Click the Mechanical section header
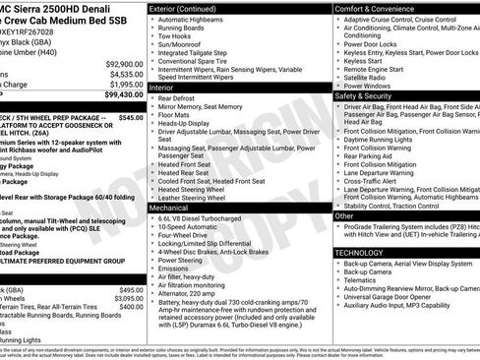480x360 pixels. click(171, 209)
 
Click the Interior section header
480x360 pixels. click(162, 88)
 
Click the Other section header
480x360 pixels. click(344, 215)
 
